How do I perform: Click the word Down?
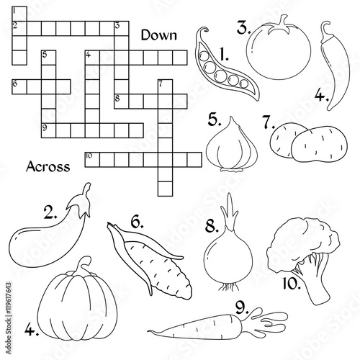159,35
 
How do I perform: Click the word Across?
48,166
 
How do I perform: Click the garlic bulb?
232,146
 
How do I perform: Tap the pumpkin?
78,300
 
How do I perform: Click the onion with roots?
228,252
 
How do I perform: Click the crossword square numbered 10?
92,160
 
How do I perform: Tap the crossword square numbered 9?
48,130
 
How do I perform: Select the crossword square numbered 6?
19,86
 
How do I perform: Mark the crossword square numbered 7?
165,86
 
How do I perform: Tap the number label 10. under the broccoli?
292,284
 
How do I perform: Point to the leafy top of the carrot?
266,319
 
